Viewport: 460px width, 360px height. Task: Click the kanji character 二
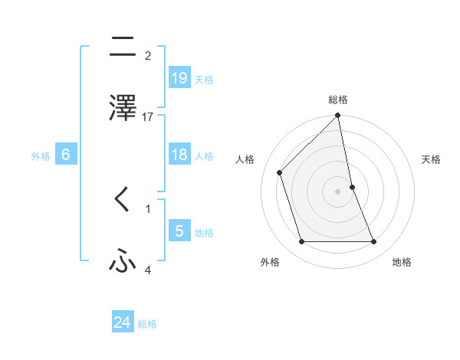coord(123,48)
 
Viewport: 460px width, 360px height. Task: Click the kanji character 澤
coord(123,108)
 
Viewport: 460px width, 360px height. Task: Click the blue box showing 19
coord(179,77)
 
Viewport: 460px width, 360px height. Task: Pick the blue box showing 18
coord(179,155)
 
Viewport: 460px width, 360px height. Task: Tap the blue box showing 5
coord(179,231)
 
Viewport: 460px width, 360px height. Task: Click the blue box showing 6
coord(66,155)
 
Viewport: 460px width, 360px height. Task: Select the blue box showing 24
coord(123,322)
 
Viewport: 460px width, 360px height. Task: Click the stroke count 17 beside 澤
coord(148,117)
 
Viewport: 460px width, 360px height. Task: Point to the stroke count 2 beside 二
coord(148,56)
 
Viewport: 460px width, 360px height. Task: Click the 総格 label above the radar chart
coord(338,100)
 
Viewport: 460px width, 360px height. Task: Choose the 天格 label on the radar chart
coord(432,159)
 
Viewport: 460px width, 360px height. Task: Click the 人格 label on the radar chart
coord(245,159)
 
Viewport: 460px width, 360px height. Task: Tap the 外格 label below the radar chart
coord(270,262)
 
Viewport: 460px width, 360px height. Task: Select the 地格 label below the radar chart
coord(402,262)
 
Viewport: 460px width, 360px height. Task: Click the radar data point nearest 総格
coord(338,116)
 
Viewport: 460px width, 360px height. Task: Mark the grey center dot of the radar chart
coord(338,191)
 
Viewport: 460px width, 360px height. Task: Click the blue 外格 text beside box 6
coord(41,156)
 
